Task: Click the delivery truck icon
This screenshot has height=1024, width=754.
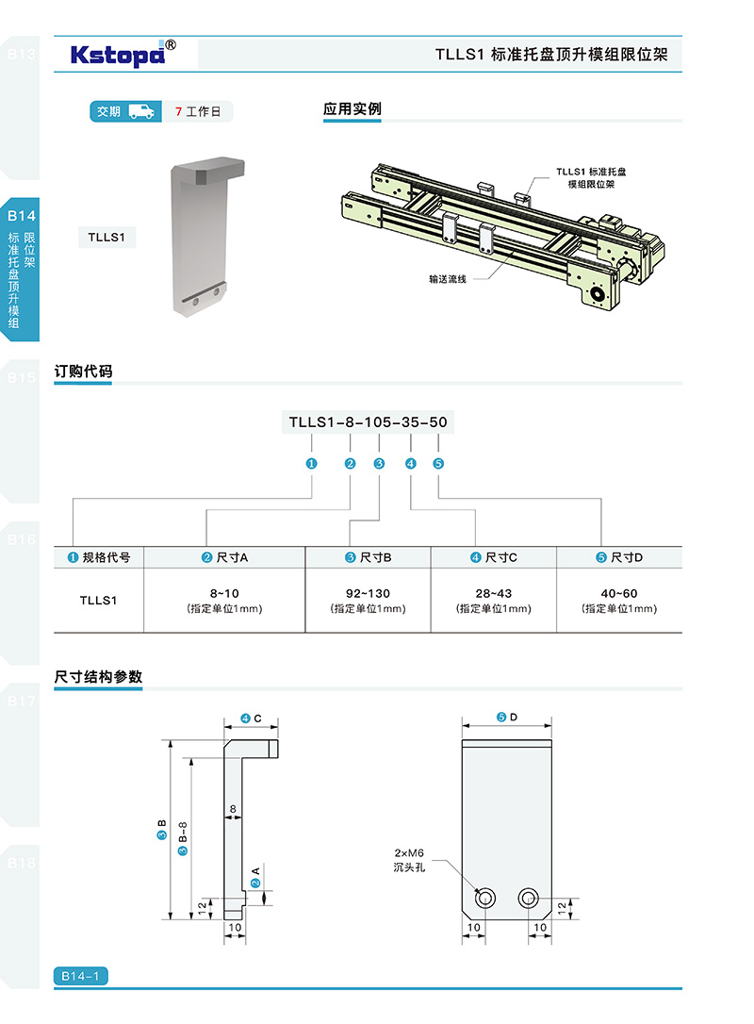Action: [141, 111]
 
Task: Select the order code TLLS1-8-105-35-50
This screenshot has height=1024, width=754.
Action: [368, 421]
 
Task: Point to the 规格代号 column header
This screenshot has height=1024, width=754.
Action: [99, 557]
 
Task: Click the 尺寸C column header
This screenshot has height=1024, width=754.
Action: [495, 557]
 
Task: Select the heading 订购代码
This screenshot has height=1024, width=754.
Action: [83, 372]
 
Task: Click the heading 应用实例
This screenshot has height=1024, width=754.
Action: [352, 109]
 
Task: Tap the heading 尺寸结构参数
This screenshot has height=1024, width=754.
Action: [98, 676]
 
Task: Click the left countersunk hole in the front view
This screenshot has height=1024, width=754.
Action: [485, 898]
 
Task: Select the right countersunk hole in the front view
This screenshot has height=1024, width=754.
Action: [529, 898]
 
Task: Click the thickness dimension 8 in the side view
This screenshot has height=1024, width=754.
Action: [233, 808]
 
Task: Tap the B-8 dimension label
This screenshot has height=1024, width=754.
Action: [183, 834]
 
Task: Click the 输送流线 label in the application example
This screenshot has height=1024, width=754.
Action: [448, 279]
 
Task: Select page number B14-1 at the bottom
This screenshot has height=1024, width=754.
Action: [80, 976]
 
